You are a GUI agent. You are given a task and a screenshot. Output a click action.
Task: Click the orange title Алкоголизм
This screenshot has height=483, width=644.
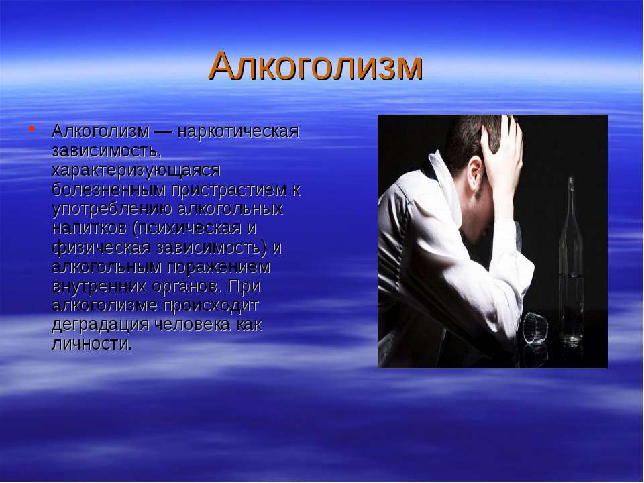pyautogui.click(x=315, y=66)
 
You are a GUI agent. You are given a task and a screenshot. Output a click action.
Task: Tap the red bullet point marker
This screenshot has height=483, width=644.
pyautogui.click(x=32, y=129)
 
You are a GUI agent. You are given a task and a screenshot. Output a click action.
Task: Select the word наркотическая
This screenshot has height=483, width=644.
pyautogui.click(x=239, y=131)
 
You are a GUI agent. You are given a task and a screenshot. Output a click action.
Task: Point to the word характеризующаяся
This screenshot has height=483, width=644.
pyautogui.click(x=136, y=170)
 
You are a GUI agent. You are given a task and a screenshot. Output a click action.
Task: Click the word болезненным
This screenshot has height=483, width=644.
pyautogui.click(x=109, y=189)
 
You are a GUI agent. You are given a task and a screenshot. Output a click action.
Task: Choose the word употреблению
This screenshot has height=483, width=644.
pyautogui.click(x=112, y=209)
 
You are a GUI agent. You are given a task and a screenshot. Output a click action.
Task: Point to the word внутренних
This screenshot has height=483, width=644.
pyautogui.click(x=99, y=286)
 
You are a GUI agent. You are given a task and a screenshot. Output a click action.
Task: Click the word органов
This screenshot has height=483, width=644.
pyautogui.click(x=186, y=286)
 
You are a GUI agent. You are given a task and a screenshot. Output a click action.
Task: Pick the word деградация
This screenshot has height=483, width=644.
pyautogui.click(x=100, y=325)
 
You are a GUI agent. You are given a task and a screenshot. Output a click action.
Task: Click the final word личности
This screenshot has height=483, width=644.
pyautogui.click(x=92, y=343)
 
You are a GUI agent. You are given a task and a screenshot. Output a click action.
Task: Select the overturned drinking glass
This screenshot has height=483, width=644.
pyautogui.click(x=535, y=329)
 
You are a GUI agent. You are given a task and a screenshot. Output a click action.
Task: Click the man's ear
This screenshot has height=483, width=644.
pyautogui.click(x=475, y=172)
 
